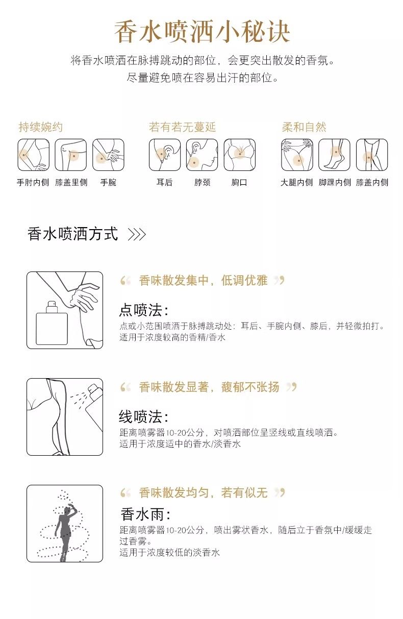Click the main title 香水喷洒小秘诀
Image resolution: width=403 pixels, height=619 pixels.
pos(202,32)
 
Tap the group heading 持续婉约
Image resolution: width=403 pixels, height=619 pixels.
pos(41,127)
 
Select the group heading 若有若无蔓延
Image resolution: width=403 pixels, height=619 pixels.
pos(182,127)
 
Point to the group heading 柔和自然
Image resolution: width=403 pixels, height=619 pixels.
pos(304,127)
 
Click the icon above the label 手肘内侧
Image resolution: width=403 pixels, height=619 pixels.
pos(34,155)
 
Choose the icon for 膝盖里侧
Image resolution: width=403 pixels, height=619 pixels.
pos(71,155)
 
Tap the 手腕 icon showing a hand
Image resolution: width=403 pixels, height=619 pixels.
pos(108,155)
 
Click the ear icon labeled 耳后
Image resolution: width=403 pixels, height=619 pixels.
pos(165,155)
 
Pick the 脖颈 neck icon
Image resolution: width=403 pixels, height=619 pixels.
pos(202,155)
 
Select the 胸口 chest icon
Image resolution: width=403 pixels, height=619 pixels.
pos(239,155)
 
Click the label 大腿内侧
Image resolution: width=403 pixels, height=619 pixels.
pos(297,182)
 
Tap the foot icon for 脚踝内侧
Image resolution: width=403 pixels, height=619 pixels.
pos(334,155)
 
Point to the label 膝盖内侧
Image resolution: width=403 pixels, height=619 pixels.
pos(372,182)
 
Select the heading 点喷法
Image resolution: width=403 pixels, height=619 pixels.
pos(143,310)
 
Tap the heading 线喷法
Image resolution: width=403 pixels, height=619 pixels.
pos(143,416)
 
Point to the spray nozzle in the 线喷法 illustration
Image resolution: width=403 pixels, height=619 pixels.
pos(93,389)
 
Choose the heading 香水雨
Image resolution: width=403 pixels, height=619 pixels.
pos(145,514)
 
